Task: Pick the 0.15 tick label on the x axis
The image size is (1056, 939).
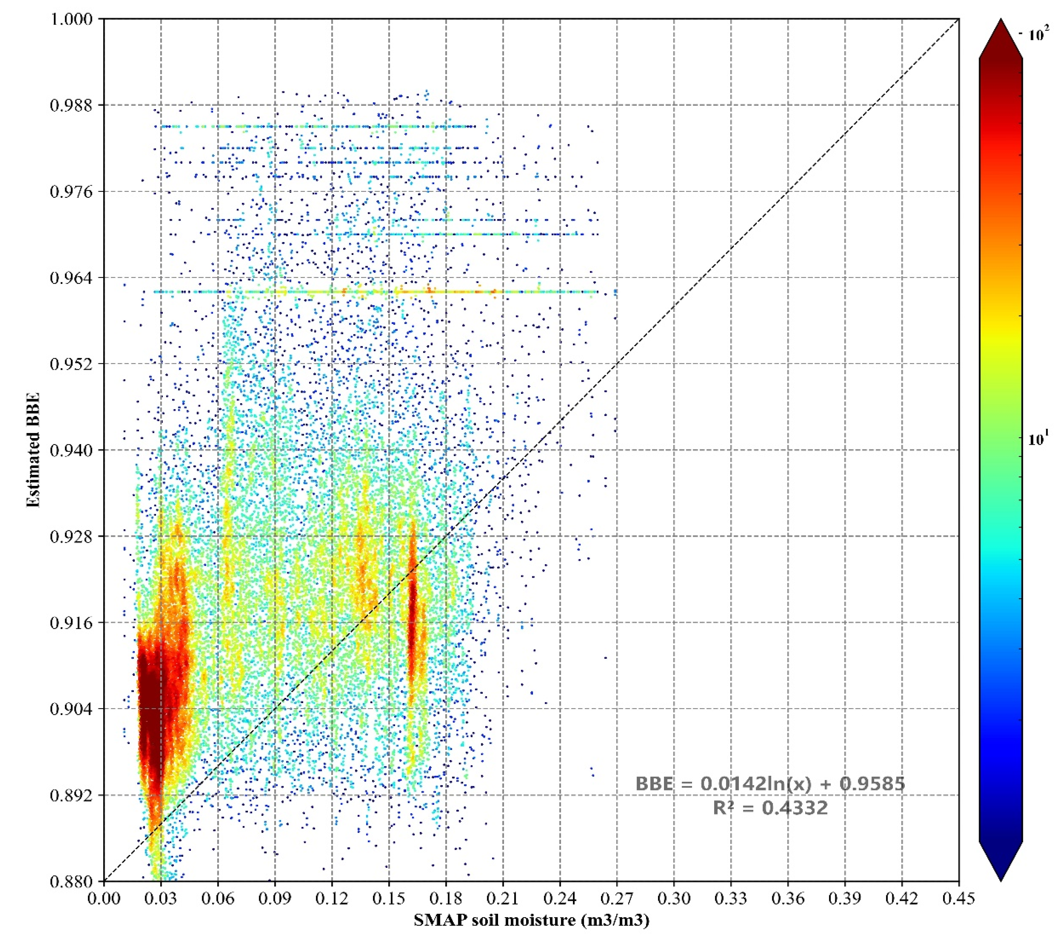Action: tap(389, 899)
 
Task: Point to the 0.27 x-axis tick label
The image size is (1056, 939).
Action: tap(616, 899)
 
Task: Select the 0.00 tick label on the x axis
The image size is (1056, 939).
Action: tap(104, 899)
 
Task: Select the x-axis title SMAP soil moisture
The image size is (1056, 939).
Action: tap(531, 920)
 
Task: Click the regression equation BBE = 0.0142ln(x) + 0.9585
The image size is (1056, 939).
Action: tap(770, 784)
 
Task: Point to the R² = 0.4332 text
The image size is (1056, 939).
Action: tap(770, 808)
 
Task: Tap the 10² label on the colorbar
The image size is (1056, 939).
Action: tap(1039, 34)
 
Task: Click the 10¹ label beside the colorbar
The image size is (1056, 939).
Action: tap(1039, 439)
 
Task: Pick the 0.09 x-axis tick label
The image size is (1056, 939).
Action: tap(275, 899)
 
